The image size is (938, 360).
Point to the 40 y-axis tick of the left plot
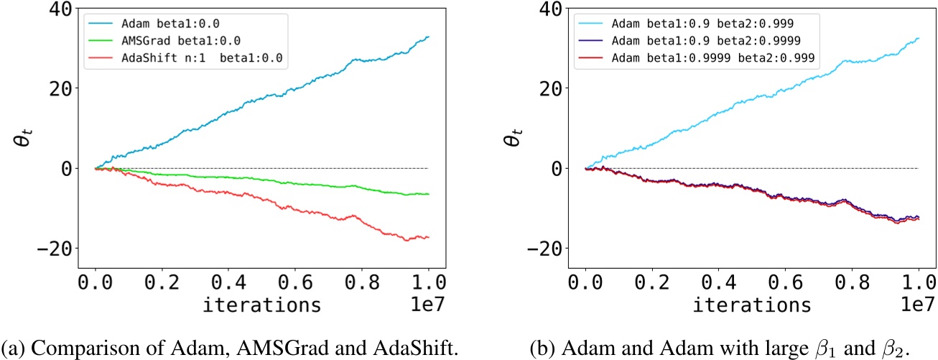(x=53, y=9)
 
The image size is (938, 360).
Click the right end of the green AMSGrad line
(x=429, y=194)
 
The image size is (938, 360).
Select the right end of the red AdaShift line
(x=429, y=237)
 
